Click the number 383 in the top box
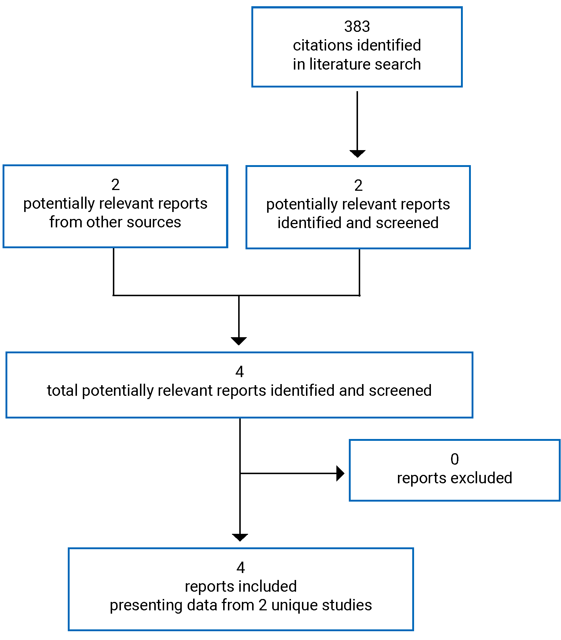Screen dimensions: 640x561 pos(357,26)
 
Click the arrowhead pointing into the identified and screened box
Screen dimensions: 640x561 pos(357,153)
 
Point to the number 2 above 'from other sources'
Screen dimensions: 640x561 pos(115,185)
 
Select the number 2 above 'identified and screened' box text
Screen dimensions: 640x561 pos(358,186)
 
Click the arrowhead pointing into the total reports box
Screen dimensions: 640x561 pos(239,341)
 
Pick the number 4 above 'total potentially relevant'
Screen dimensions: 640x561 pos(240,372)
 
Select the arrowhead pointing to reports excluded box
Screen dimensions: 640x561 pos(340,473)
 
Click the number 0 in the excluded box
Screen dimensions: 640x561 pos(454,459)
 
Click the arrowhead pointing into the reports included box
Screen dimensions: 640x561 pos(240,537)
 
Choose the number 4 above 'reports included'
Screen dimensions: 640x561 pos(241,568)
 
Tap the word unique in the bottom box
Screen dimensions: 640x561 pos(291,605)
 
